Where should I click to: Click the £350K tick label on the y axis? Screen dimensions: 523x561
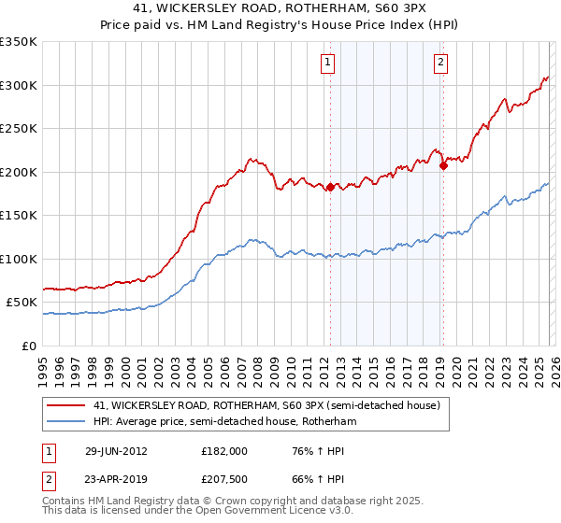click(x=19, y=42)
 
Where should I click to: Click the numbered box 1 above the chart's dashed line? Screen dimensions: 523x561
click(x=329, y=63)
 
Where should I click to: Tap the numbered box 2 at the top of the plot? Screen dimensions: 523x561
click(x=440, y=63)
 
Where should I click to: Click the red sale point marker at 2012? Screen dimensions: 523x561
click(x=330, y=188)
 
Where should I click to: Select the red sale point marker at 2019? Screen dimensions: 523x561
click(x=443, y=165)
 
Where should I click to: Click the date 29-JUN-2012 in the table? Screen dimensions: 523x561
click(x=116, y=450)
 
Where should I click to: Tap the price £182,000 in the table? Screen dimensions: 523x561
click(x=223, y=450)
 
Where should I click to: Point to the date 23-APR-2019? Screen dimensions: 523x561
click(x=116, y=478)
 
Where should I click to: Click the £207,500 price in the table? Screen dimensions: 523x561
click(x=223, y=478)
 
